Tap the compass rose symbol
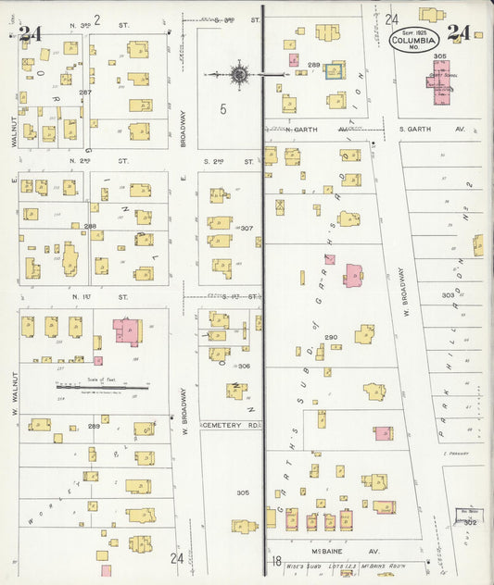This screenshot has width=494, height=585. [238, 73]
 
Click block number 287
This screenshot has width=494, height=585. [85, 93]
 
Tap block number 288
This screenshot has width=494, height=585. [90, 226]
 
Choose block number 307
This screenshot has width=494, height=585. [247, 228]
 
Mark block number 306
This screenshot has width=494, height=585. [244, 366]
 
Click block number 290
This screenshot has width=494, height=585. [331, 337]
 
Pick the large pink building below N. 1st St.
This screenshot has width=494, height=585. [128, 330]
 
